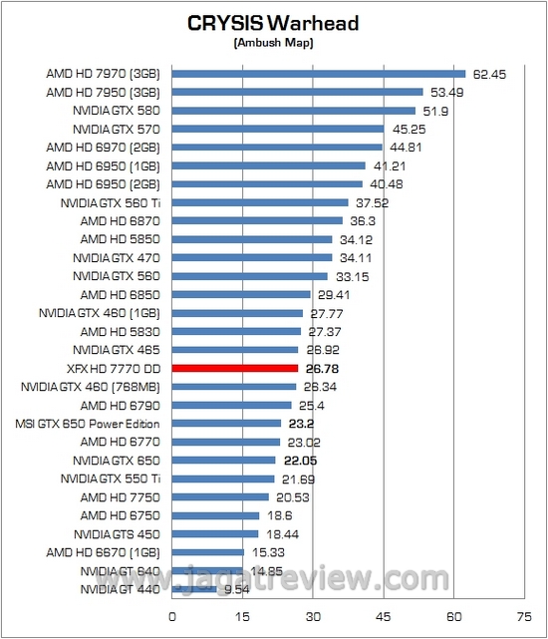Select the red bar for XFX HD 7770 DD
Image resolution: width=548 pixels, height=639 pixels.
235,368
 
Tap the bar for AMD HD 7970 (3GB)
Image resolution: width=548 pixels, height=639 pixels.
319,73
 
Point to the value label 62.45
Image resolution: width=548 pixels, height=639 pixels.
489,73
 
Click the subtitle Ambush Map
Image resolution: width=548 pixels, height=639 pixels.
273,43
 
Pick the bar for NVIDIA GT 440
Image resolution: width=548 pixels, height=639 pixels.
194,589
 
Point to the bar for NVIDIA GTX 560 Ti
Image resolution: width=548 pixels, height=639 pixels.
260,202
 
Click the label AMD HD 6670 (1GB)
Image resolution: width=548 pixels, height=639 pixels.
104,552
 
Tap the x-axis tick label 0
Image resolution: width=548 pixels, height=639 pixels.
172,614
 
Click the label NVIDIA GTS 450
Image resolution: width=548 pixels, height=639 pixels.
118,533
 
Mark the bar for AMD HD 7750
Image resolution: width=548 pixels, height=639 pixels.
220,496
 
